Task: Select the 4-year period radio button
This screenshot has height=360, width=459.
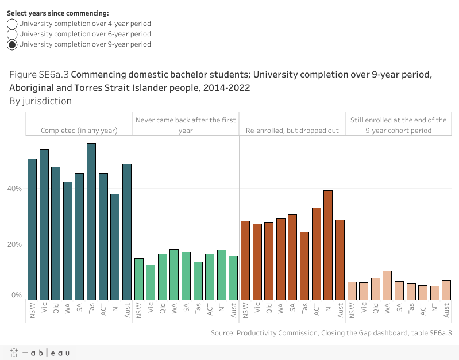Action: pyautogui.click(x=12, y=24)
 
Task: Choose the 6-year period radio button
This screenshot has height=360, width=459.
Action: pyautogui.click(x=12, y=34)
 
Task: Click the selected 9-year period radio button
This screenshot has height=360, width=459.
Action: pyautogui.click(x=12, y=44)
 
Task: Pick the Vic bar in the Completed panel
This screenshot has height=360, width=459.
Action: pyautogui.click(x=44, y=224)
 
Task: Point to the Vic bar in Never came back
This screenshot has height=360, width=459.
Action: pyautogui.click(x=151, y=281)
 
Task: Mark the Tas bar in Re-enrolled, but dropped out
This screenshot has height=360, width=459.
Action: pyautogui.click(x=304, y=265)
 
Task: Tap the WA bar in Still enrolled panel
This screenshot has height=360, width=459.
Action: pyautogui.click(x=387, y=285)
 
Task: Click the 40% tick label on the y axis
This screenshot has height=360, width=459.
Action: pyautogui.click(x=15, y=189)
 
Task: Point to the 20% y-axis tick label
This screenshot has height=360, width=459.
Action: pyautogui.click(x=15, y=244)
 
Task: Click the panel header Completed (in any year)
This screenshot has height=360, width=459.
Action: pyautogui.click(x=79, y=131)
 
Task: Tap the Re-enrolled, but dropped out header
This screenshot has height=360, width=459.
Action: pyautogui.click(x=292, y=131)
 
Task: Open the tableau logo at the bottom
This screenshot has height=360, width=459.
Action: pyautogui.click(x=38, y=353)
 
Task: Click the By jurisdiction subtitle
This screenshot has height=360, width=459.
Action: pyautogui.click(x=40, y=101)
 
